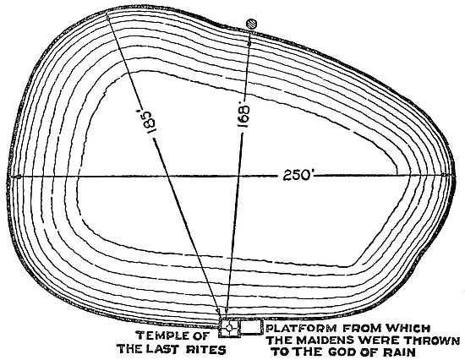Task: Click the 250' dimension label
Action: [x=296, y=175]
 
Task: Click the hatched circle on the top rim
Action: [x=252, y=24]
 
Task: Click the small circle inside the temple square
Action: [x=229, y=327]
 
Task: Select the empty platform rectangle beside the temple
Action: [x=251, y=327]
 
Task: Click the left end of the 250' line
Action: [x=11, y=177]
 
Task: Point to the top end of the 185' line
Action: [x=107, y=16]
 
